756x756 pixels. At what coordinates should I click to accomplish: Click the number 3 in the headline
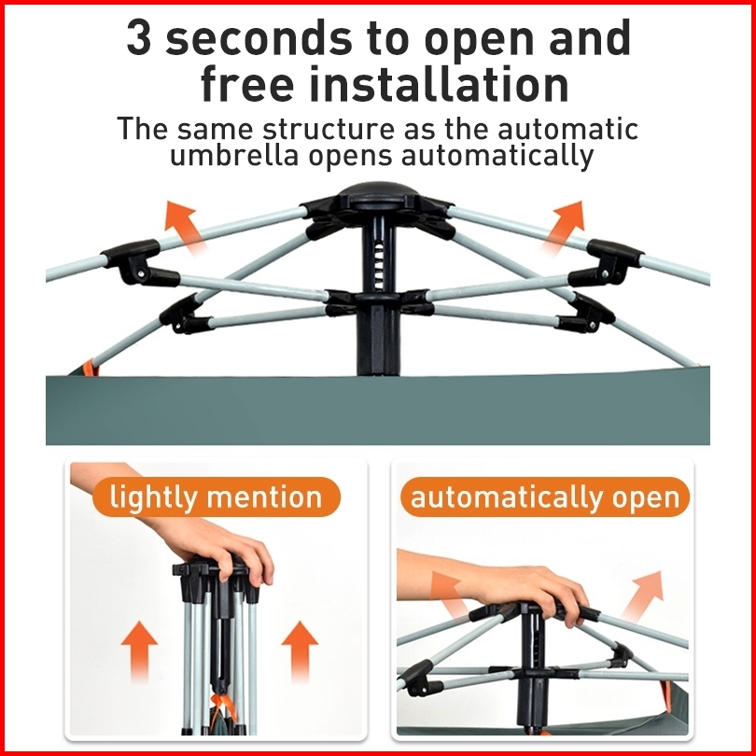point(139,37)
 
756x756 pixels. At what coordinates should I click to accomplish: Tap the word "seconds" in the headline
point(259,37)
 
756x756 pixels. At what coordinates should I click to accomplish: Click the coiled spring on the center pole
point(380,265)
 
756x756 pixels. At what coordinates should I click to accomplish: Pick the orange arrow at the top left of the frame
point(185,228)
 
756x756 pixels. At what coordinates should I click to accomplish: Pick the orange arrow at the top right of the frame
point(563,227)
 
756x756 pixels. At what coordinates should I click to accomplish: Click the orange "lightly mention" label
point(216,497)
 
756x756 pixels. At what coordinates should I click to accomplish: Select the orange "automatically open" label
point(545,497)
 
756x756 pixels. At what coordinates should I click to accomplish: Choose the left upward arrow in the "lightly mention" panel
point(139,651)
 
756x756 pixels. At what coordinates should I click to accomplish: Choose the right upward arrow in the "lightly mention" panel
point(300,651)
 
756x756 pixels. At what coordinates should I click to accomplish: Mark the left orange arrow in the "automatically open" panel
point(447,595)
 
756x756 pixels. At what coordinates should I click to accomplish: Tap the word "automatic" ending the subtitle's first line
point(568,129)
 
